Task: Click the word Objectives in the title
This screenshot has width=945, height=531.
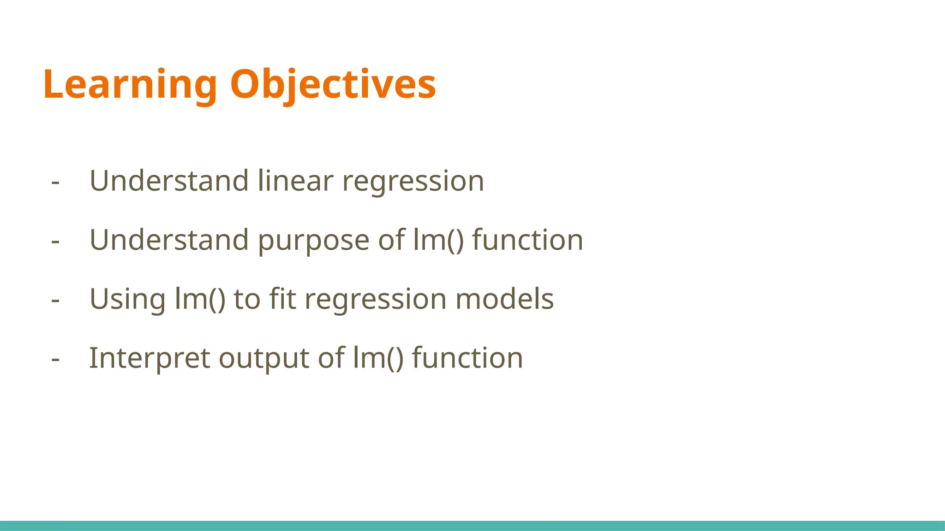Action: tap(332, 85)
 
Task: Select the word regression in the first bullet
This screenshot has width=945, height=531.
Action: tap(413, 181)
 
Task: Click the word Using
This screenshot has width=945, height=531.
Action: tap(127, 300)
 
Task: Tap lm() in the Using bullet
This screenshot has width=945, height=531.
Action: tap(200, 299)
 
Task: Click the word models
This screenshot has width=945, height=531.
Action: tap(504, 299)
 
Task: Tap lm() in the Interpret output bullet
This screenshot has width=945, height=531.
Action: tap(378, 358)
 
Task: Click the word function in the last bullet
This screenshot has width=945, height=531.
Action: tap(467, 358)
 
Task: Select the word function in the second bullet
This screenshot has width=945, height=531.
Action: tap(527, 240)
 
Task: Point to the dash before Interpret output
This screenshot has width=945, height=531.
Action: tap(55, 359)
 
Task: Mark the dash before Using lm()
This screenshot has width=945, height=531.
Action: tap(55, 300)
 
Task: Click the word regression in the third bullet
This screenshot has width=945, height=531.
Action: tap(376, 300)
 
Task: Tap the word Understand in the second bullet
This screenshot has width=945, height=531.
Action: tap(169, 240)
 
